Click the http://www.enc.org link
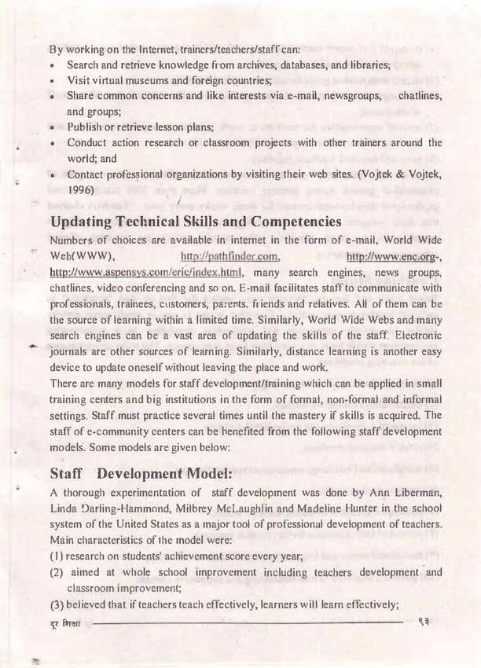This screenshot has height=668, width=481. [392, 256]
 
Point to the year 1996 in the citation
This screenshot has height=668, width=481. [80, 190]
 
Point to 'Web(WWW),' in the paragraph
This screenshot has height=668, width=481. [83, 256]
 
